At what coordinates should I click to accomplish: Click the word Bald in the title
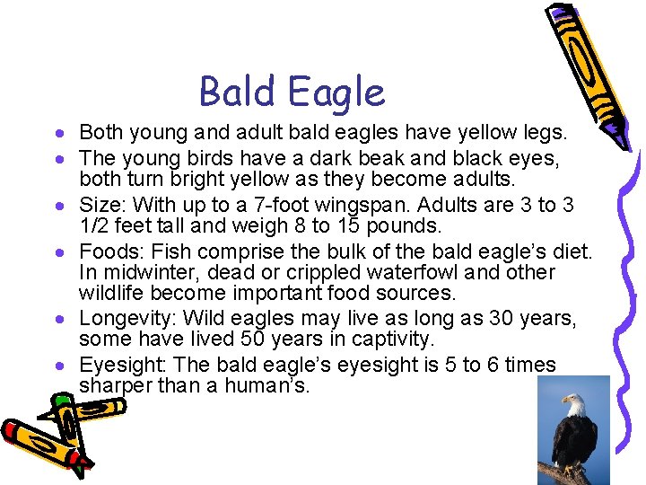(235, 92)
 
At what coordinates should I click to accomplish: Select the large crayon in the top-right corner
(582, 72)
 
